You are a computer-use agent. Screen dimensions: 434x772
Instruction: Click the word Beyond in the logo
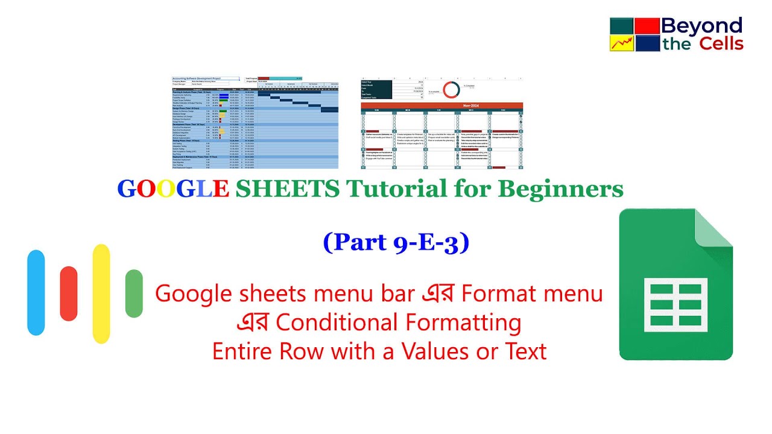coord(702,25)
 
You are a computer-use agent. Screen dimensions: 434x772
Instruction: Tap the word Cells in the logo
coord(721,43)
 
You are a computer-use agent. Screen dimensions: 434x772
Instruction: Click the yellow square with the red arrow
coord(621,43)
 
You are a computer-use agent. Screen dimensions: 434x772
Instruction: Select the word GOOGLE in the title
coord(173,189)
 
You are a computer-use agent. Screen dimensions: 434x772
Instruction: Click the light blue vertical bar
coord(36,292)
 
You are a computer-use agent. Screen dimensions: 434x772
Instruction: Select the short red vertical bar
coord(69,294)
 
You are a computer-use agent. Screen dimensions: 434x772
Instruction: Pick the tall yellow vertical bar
coord(101,294)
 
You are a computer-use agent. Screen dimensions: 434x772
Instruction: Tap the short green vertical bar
coord(134,294)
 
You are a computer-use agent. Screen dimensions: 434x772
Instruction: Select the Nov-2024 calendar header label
coord(441,105)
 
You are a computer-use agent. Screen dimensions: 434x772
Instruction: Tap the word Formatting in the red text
coord(463,323)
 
